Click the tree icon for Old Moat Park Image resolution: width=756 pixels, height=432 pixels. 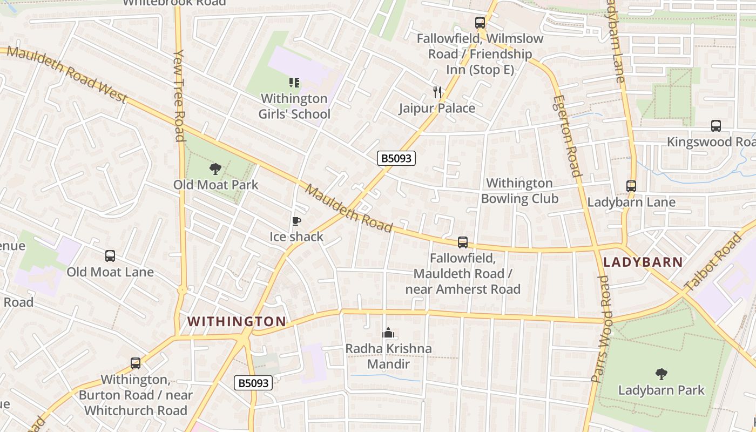[x=215, y=169]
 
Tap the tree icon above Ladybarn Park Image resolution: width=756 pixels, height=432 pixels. [x=661, y=374]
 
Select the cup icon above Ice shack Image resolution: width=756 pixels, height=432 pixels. [x=296, y=221]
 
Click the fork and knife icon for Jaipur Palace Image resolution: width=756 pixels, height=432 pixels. [x=437, y=92]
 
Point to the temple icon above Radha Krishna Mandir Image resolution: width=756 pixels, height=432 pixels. [x=388, y=333]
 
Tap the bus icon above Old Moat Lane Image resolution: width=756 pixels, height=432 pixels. [x=110, y=256]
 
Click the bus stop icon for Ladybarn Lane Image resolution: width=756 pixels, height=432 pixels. [x=631, y=186]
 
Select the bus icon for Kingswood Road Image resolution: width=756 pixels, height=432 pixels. [x=715, y=126]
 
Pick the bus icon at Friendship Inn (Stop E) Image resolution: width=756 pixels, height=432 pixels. [x=480, y=23]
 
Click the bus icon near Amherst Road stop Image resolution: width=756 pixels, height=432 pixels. [x=462, y=242]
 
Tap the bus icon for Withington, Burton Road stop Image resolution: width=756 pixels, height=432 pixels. [x=135, y=363]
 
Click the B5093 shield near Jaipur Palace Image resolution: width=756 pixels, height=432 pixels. [x=396, y=158]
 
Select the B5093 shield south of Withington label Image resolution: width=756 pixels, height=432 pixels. [x=253, y=383]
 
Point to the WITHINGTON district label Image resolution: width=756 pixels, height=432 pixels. [x=237, y=321]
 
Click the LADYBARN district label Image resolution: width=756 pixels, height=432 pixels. [x=643, y=262]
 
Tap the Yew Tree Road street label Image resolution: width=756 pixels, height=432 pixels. [x=180, y=96]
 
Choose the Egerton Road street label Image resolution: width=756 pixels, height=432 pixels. [x=566, y=136]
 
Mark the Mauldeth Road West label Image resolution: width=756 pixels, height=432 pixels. [x=67, y=75]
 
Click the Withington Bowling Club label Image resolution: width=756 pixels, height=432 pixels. [x=519, y=191]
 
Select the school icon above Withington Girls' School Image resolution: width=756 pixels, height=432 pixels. [x=294, y=83]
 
